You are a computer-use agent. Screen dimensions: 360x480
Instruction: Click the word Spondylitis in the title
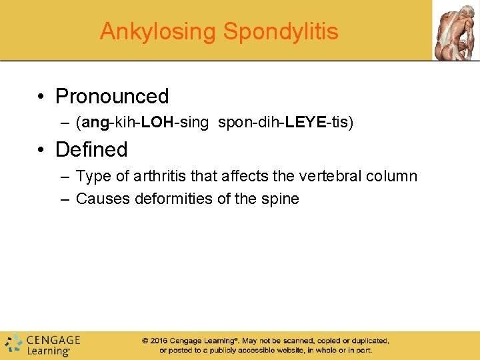pos(281,31)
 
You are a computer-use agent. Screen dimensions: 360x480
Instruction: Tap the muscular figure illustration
pos(456,30)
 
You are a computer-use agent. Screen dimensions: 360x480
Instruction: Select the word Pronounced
pos(112,97)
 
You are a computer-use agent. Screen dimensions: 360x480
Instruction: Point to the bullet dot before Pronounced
pos(41,97)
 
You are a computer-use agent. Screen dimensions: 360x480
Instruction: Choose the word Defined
pos(91,149)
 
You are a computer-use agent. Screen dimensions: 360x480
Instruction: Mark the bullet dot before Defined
pos(41,149)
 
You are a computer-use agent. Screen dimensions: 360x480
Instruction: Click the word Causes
pos(99,199)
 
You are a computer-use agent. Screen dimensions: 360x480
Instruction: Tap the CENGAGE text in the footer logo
pos(53,339)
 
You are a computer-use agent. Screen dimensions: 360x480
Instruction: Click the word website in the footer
pos(287,350)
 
